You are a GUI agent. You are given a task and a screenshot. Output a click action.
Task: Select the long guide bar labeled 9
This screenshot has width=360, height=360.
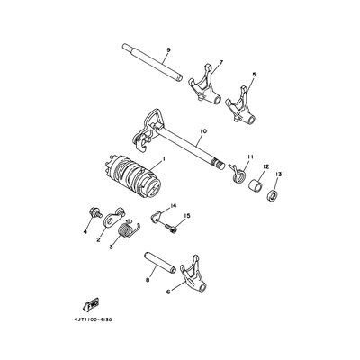152,62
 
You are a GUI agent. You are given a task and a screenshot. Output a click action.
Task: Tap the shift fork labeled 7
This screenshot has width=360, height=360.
205,85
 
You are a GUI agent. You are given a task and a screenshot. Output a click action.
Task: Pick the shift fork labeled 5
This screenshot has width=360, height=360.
241,104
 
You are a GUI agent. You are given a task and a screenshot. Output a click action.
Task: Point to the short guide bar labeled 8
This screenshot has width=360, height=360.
158,263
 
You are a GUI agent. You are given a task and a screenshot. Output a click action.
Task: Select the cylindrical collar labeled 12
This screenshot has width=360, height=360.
256,187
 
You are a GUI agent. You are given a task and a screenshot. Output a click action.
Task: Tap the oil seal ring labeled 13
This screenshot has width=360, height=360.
273,196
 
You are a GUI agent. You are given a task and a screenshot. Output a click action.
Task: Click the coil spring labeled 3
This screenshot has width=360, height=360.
128,231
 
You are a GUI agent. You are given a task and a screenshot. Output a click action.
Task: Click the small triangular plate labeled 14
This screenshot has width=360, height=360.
156,216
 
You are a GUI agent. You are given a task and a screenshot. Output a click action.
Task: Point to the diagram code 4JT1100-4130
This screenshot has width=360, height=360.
93,319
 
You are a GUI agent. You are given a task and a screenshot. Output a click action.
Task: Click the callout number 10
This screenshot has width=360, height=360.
203,131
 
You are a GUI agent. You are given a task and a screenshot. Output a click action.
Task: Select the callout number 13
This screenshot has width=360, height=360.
279,174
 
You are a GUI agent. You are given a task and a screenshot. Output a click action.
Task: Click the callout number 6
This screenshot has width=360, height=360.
168,292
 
